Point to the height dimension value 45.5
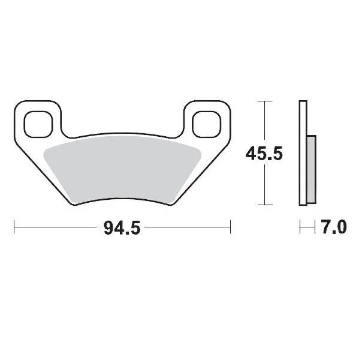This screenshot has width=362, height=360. click(x=264, y=154)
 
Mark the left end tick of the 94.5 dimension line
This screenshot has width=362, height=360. click(x=14, y=228)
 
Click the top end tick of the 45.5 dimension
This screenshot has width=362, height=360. click(x=264, y=102)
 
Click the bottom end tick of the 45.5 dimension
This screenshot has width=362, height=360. click(x=264, y=205)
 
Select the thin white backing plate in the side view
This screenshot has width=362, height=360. click(x=303, y=154)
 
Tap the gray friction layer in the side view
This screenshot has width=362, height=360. click(x=310, y=169)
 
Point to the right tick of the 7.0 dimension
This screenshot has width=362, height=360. click(x=315, y=228)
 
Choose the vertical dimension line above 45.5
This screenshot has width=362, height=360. click(x=264, y=123)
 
